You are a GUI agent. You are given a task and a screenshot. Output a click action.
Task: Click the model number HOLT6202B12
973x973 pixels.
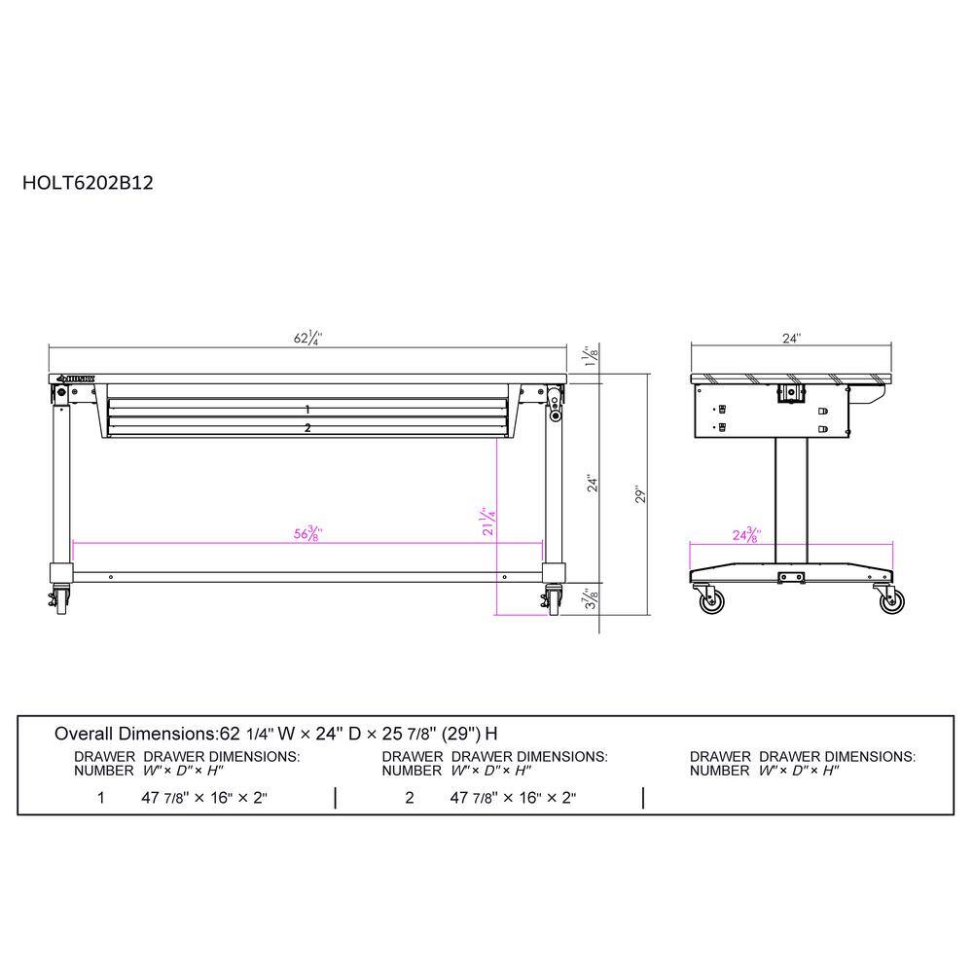point(88,181)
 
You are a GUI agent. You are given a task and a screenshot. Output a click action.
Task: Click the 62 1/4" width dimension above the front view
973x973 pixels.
point(307,340)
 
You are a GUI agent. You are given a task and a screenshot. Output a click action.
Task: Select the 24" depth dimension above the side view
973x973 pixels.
point(791,340)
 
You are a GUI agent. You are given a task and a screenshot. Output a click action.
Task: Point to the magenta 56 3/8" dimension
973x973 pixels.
point(307,533)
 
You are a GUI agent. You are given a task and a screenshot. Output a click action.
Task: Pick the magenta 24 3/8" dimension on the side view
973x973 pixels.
point(745,535)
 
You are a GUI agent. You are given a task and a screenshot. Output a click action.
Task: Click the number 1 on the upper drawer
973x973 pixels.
point(307,410)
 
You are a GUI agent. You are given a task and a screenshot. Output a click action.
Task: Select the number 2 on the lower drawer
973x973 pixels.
point(307,428)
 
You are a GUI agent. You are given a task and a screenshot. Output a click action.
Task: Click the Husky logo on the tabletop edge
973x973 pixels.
point(74,378)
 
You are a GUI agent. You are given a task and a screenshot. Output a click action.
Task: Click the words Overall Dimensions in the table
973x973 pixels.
point(133,733)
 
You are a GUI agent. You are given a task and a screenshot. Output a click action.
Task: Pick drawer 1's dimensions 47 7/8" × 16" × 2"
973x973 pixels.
point(203,798)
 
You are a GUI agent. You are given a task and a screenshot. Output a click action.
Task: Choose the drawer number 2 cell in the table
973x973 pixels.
point(410,798)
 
